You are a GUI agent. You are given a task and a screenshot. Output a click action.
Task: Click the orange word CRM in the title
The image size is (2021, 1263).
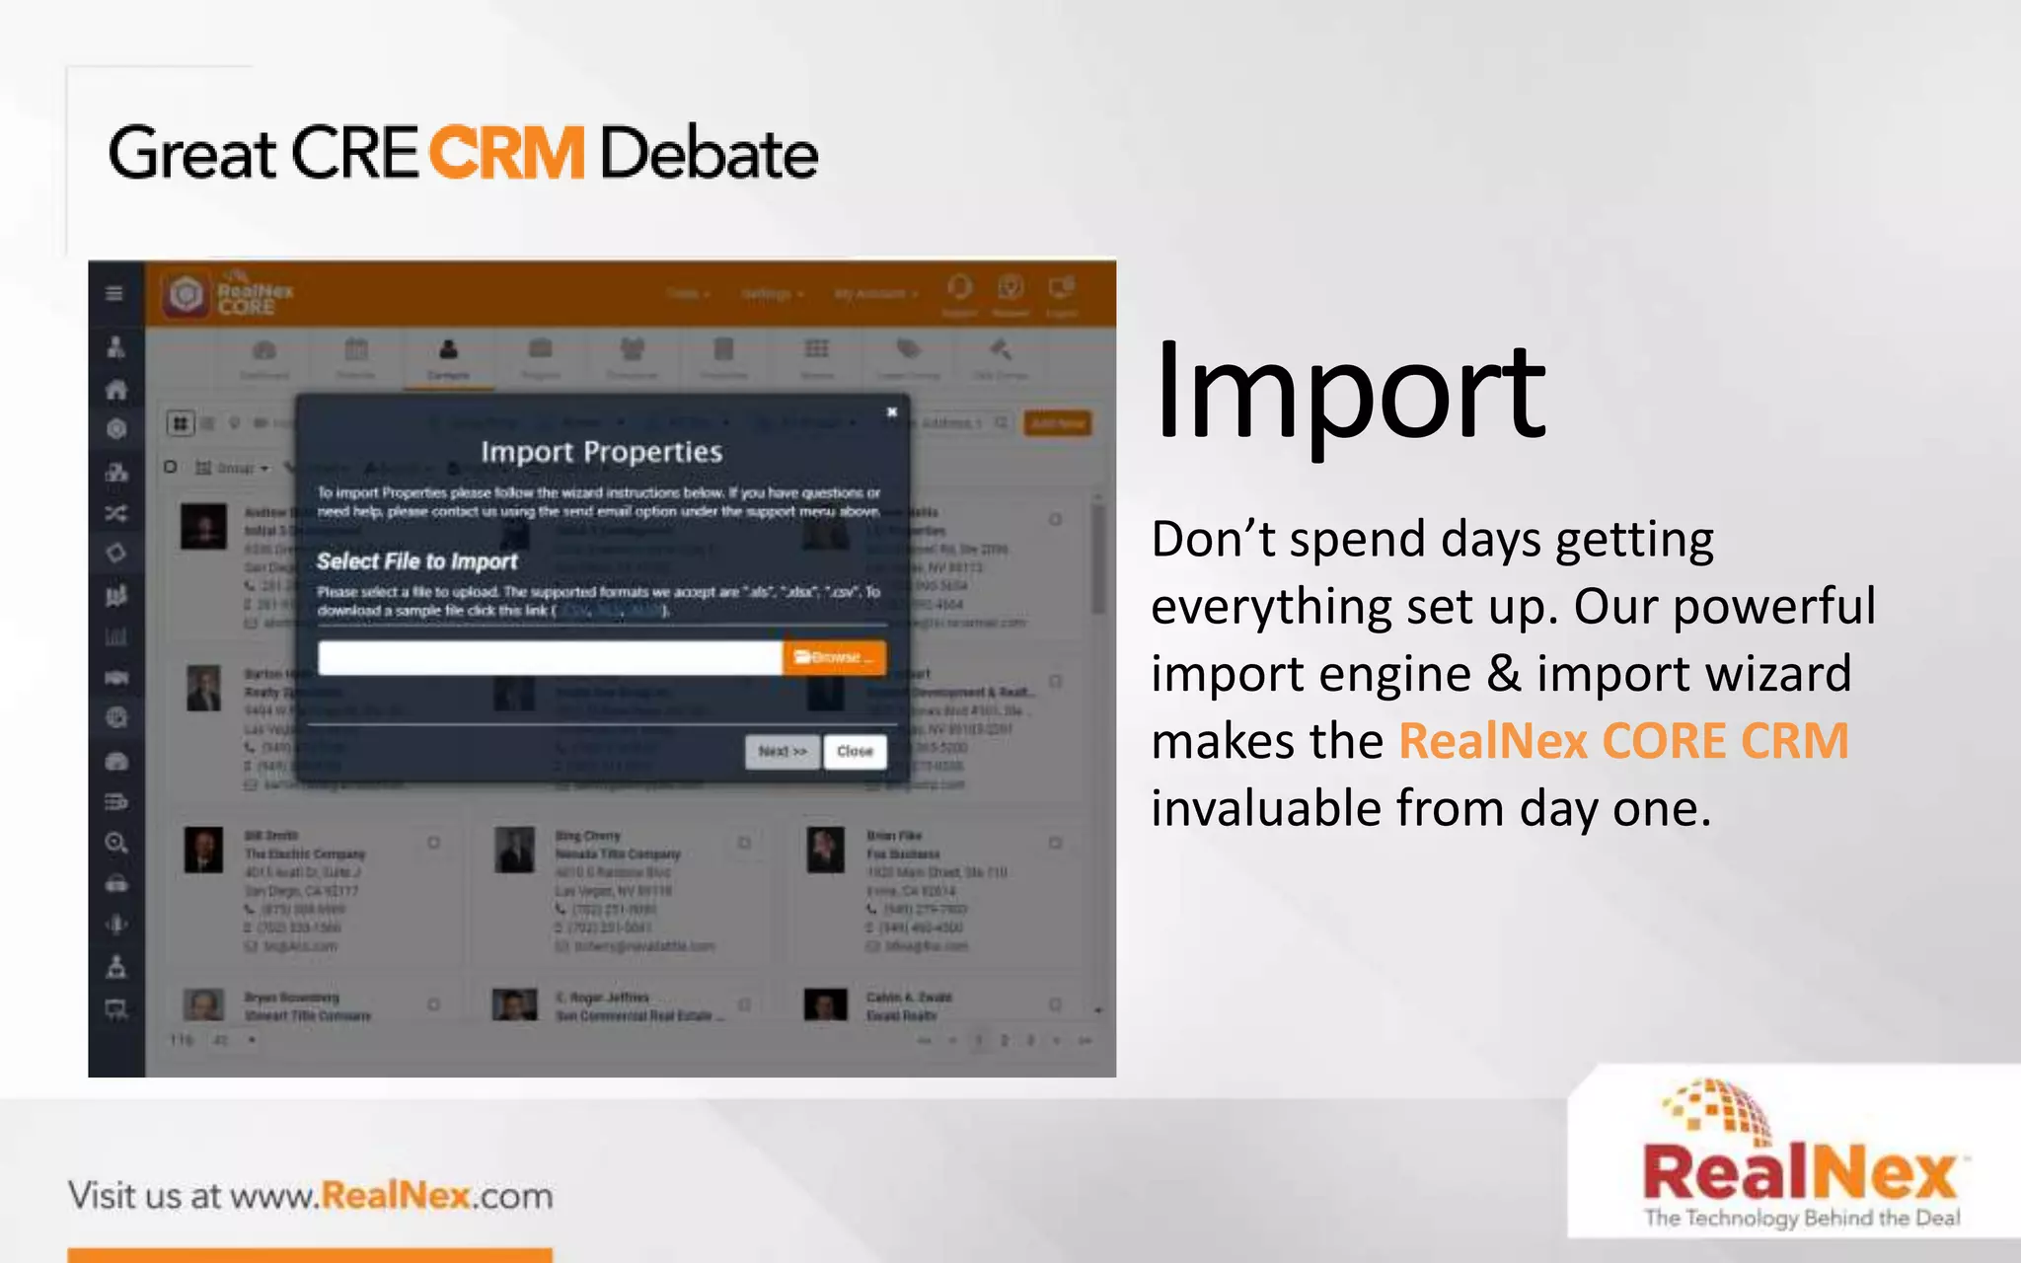pos(507,154)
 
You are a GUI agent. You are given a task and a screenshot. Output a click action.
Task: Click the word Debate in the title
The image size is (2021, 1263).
pos(709,154)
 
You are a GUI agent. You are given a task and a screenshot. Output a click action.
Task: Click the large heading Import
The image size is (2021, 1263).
pos(1348,392)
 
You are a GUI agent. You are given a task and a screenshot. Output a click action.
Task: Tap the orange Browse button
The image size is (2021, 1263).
pos(834,657)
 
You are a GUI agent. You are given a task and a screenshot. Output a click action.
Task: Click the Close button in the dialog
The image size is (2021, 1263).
pos(855,751)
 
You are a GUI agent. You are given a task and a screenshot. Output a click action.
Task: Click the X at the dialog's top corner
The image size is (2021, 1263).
pos(892,412)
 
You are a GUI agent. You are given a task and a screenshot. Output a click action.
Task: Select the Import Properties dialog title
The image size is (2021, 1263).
pos(601,452)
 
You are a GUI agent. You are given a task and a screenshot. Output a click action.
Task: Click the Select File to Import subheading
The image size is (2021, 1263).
pos(416,561)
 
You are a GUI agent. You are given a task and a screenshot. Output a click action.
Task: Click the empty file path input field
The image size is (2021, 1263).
pos(550,657)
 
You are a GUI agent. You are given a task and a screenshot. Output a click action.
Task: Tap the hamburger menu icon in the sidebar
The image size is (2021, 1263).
pos(114,293)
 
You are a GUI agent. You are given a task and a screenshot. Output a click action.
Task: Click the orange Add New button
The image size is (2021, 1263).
pos(1058,423)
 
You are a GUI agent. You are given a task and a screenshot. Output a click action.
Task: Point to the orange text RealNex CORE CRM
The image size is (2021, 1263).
pos(1623,741)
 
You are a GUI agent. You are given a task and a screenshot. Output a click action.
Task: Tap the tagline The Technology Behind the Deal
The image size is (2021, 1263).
pos(1802,1218)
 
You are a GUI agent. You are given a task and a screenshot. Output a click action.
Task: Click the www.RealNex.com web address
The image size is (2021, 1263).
pos(392,1196)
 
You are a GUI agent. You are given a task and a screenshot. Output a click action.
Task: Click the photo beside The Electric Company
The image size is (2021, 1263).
pos(203,850)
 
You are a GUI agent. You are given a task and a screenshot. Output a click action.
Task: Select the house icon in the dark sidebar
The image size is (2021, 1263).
pos(116,390)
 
